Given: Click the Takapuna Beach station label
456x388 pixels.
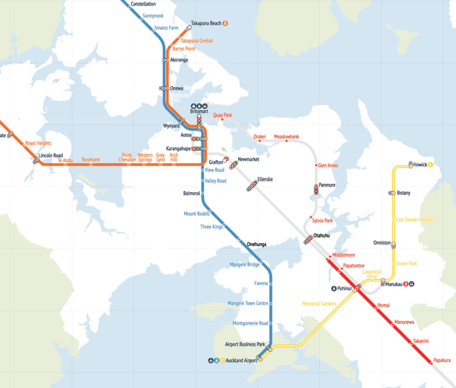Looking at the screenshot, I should point(206,23).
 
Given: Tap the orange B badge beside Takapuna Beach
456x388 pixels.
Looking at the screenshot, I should point(225,23).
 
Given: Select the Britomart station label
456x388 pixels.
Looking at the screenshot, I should point(199,111).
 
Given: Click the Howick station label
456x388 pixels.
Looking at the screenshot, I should point(420,165).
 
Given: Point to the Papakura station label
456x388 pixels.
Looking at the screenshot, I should point(442,360).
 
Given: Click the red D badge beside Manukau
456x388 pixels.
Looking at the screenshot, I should point(406,284).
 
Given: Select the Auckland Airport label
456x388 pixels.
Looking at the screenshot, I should point(241,361).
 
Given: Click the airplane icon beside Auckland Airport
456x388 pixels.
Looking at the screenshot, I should point(211,361).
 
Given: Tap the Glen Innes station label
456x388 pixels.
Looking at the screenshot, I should point(328,166).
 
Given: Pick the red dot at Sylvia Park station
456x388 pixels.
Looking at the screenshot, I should point(311,217).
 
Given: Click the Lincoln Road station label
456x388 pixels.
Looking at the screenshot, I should point(51,155).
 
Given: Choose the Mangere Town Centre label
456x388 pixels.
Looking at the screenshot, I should point(248,303).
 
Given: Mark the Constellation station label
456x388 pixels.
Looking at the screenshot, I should point(143,4).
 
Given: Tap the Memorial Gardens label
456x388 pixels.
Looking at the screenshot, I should point(319,304).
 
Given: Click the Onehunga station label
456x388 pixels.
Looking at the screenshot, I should point(256,244).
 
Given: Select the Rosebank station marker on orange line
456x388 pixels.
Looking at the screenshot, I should point(91,165).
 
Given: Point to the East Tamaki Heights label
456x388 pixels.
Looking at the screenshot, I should point(414,220).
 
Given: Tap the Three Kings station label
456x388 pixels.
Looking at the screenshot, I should point(211,227).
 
